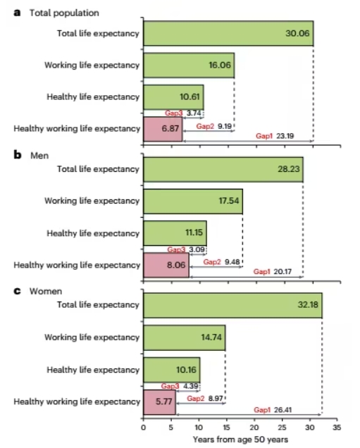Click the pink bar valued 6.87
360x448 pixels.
163,129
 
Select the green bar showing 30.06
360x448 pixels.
228,33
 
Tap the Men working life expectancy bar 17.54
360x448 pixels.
193,201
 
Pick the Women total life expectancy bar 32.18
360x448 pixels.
232,305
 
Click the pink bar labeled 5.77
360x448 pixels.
159,402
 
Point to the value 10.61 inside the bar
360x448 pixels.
190,97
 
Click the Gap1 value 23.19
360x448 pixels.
285,136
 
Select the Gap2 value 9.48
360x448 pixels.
232,262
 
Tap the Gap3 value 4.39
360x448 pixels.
190,386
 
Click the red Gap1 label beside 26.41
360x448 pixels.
262,410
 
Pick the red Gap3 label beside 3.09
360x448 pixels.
176,249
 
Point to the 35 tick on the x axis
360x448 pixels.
337,428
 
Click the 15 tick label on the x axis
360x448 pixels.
226,428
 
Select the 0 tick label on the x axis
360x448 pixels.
144,428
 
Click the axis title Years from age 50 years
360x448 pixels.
240,440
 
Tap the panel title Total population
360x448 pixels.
64,13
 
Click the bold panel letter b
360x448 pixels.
18,154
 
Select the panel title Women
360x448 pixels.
46,291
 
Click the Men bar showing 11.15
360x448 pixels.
175,233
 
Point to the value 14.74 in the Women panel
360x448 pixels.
211,337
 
